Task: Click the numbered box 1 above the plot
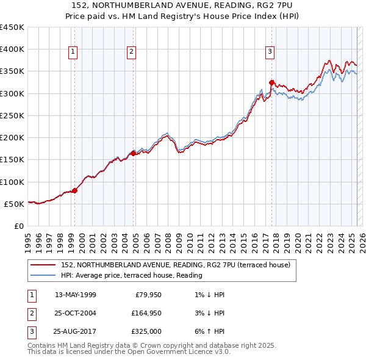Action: pos(73,52)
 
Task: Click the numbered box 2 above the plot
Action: pos(131,52)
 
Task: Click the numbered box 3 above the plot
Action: pos(270,52)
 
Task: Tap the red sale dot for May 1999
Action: pos(74,190)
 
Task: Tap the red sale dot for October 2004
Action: pos(133,153)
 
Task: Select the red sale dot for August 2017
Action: pos(271,82)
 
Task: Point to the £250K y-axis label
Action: pos(12,115)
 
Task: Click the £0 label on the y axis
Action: pos(19,226)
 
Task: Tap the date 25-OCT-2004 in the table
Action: pos(74,313)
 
